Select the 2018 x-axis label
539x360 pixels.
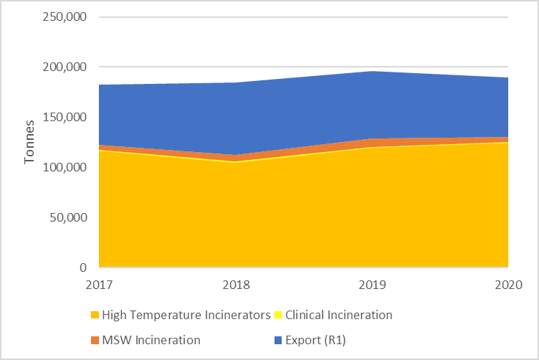pyautogui.click(x=237, y=284)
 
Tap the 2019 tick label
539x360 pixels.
pyautogui.click(x=372, y=284)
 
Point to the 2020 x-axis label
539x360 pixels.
pyautogui.click(x=507, y=284)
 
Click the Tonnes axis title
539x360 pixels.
pyautogui.click(x=29, y=142)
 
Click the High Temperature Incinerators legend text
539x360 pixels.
pyautogui.click(x=186, y=315)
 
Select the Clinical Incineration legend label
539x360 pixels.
pyautogui.click(x=339, y=315)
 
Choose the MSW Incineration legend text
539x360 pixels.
pyautogui.click(x=151, y=340)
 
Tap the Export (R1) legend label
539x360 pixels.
pyautogui.click(x=316, y=340)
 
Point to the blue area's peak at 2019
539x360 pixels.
pyautogui.click(x=372, y=72)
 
